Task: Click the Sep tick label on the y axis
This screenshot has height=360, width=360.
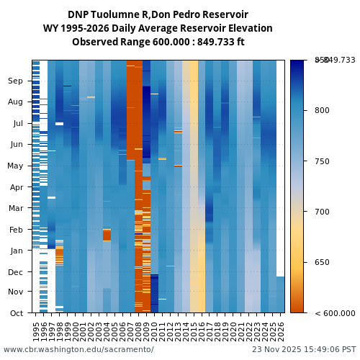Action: (x=15, y=81)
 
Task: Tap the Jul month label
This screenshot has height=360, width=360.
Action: (x=18, y=123)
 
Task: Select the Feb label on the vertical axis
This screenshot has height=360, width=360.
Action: (x=16, y=230)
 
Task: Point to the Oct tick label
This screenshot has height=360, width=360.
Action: (x=17, y=313)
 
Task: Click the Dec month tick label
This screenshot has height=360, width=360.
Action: (x=16, y=272)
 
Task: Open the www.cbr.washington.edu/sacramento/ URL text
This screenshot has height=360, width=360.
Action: (x=78, y=350)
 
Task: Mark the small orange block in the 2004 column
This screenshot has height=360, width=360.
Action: (x=107, y=235)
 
